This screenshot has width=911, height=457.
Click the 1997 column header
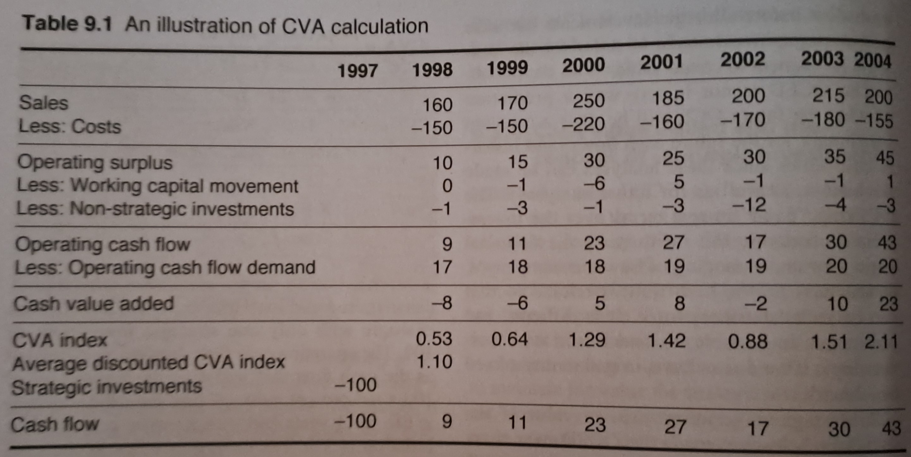(358, 71)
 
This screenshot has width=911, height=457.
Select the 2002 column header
(743, 59)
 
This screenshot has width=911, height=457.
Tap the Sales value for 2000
(589, 101)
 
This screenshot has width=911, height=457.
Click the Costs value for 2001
(662, 122)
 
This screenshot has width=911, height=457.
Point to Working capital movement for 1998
(447, 186)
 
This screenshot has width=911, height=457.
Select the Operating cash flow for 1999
(517, 244)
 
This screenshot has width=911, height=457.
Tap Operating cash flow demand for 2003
(836, 266)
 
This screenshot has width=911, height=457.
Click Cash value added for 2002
(755, 304)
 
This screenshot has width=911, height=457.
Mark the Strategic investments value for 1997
(356, 385)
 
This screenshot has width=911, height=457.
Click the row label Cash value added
(94, 304)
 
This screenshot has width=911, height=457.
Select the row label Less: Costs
(70, 126)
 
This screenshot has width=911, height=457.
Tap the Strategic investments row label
(107, 386)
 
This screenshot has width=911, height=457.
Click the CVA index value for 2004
(881, 342)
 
